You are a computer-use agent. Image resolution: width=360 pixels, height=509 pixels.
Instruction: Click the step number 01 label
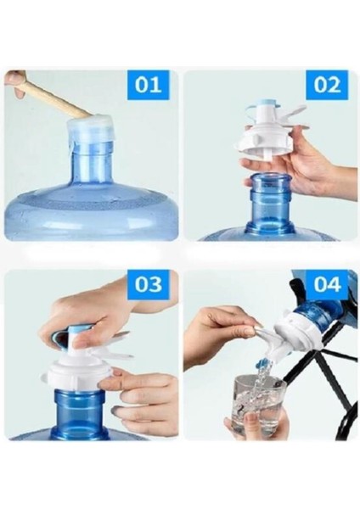(x=148, y=85)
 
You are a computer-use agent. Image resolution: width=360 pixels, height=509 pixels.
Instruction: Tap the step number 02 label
(x=327, y=85)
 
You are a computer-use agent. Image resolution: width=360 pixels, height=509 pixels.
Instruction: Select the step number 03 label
(x=148, y=284)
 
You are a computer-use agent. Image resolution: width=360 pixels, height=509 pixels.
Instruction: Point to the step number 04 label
(x=327, y=284)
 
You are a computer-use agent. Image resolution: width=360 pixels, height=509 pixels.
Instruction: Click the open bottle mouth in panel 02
(x=270, y=178)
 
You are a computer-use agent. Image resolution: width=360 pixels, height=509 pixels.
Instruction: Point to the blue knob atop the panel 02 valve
(x=263, y=108)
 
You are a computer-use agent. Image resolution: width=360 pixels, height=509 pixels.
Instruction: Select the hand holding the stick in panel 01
(x=15, y=83)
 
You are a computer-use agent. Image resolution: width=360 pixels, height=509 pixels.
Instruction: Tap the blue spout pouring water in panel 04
(x=264, y=361)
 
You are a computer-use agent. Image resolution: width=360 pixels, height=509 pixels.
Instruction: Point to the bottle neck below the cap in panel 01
(x=93, y=165)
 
